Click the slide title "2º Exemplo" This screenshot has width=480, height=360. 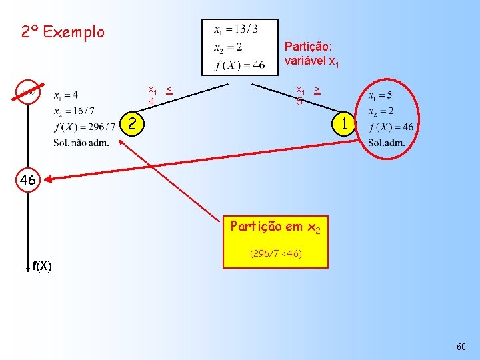[63, 32]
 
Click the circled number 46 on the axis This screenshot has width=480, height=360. [27, 180]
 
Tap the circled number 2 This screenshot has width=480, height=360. [134, 123]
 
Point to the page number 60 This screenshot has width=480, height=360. [461, 347]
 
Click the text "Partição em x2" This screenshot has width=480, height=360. [275, 227]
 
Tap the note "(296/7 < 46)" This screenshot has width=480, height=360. [275, 254]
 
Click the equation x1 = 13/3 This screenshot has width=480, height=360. [236, 30]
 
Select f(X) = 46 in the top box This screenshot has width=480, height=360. [240, 65]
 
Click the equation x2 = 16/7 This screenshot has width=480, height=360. [74, 111]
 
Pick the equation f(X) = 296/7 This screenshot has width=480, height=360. [85, 127]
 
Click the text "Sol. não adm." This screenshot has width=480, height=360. [81, 143]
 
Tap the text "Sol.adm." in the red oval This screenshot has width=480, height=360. [387, 143]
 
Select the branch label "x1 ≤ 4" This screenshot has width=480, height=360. [160, 95]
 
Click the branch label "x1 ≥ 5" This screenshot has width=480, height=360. [307, 95]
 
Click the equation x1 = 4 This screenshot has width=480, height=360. [66, 95]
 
